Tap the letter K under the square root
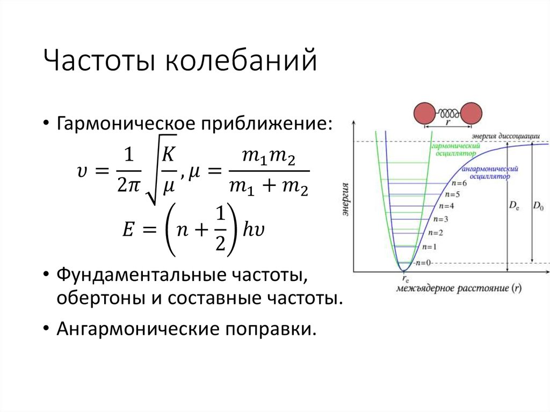click(169, 156)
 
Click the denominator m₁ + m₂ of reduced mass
click(268, 187)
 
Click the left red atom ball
click(425, 113)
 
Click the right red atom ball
click(472, 113)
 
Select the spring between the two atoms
click(448, 113)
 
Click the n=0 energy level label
click(423, 263)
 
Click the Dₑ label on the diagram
click(513, 205)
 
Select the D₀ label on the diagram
click(538, 205)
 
